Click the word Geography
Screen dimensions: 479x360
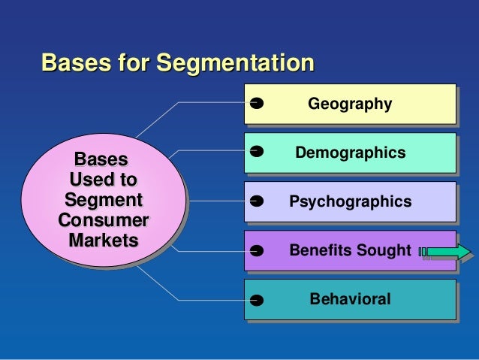(350, 104)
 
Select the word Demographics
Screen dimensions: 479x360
(350, 153)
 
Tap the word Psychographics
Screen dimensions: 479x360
(350, 201)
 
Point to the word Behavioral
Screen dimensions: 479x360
(350, 299)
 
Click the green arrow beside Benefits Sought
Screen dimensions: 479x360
(449, 252)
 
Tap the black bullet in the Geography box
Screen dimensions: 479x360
(255, 103)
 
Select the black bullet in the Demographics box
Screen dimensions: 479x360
(255, 152)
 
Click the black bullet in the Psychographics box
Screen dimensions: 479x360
(255, 201)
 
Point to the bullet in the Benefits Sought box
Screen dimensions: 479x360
(255, 251)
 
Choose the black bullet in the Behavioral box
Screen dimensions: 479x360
(255, 301)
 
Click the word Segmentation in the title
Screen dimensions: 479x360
(233, 62)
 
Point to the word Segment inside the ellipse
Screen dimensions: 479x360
(103, 201)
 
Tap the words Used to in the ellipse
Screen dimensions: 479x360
(102, 180)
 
